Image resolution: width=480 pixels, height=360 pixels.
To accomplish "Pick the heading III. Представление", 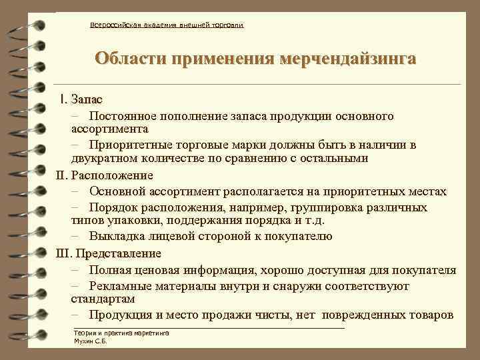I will (x=109, y=253).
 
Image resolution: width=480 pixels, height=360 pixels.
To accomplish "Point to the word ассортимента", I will (x=110, y=128).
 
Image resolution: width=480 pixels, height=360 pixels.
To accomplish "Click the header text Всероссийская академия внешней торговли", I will (x=167, y=25).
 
